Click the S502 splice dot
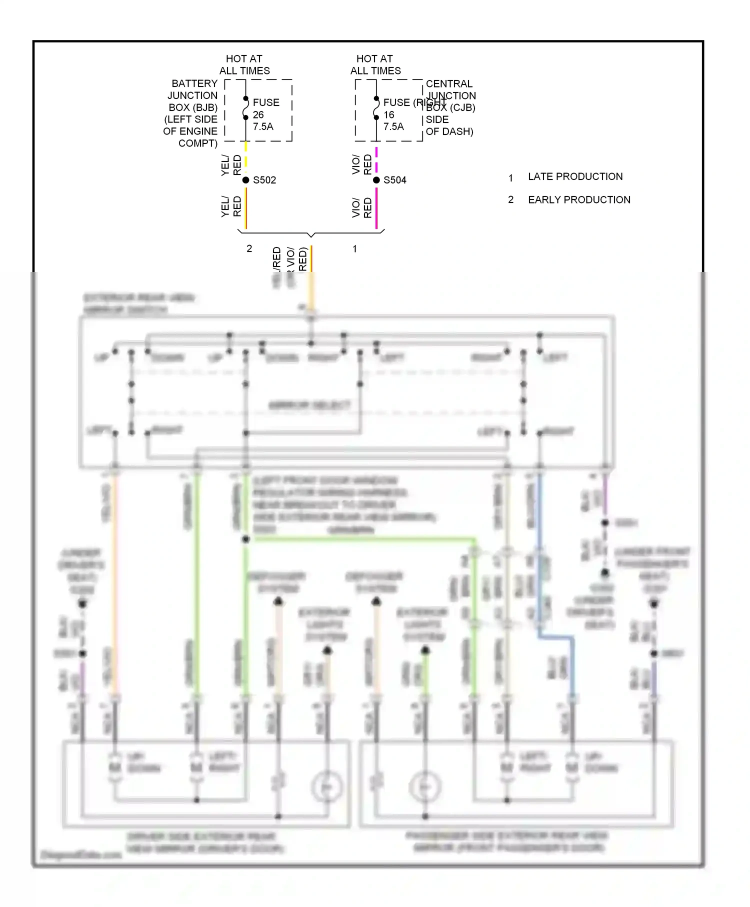(x=245, y=180)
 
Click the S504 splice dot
(x=376, y=180)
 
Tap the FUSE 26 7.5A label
(x=265, y=114)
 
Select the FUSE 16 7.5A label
(x=395, y=114)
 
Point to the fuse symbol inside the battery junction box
(x=245, y=108)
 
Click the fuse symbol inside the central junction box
(x=376, y=108)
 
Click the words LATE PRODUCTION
(x=575, y=176)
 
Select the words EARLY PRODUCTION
(x=579, y=199)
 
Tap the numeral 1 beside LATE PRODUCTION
(x=510, y=177)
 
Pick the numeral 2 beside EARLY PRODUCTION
(x=510, y=199)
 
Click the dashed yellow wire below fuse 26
(x=245, y=155)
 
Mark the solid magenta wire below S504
(x=376, y=207)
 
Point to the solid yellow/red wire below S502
(x=245, y=207)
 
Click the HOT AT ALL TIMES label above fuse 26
(x=244, y=64)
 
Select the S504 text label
(x=395, y=180)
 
